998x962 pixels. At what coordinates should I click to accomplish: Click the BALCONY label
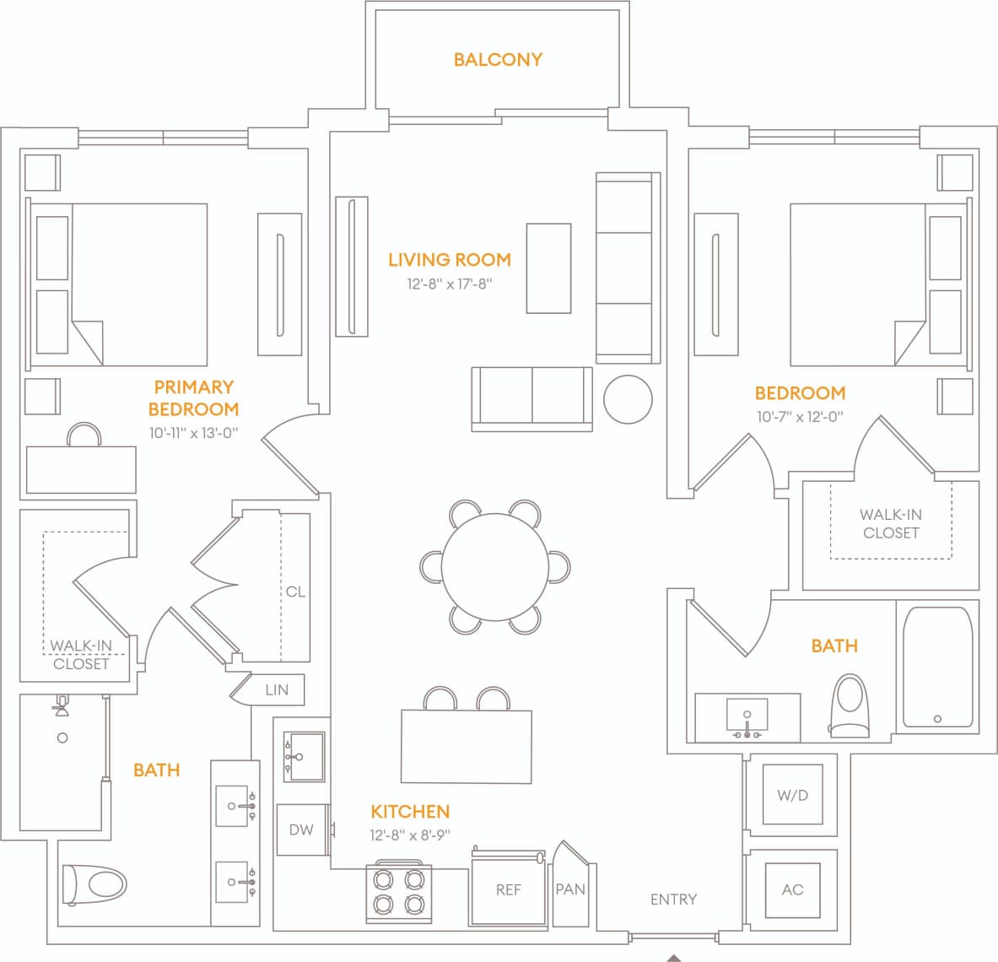click(498, 59)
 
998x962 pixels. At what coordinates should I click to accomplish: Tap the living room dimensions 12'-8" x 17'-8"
click(449, 284)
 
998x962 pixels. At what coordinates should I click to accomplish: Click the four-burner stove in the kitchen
click(398, 893)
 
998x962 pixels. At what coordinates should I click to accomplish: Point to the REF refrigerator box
click(508, 890)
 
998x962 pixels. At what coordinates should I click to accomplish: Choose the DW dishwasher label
click(301, 830)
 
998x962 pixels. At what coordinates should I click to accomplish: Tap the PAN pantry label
click(570, 889)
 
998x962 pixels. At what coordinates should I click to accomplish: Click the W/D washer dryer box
click(792, 795)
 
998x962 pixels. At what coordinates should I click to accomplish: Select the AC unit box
click(792, 889)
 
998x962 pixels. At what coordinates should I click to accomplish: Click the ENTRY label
click(673, 900)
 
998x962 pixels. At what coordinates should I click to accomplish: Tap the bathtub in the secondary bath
click(937, 667)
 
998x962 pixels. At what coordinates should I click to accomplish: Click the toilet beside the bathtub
click(849, 705)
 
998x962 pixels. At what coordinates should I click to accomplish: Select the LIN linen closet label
click(277, 689)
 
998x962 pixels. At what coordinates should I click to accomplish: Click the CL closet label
click(295, 592)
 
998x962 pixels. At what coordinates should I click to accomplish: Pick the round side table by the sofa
click(628, 399)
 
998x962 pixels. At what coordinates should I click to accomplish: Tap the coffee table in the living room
click(548, 268)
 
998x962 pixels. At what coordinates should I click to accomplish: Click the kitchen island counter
click(467, 746)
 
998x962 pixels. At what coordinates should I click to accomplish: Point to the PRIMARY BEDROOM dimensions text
click(193, 433)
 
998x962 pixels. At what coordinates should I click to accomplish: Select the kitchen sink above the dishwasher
click(304, 757)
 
